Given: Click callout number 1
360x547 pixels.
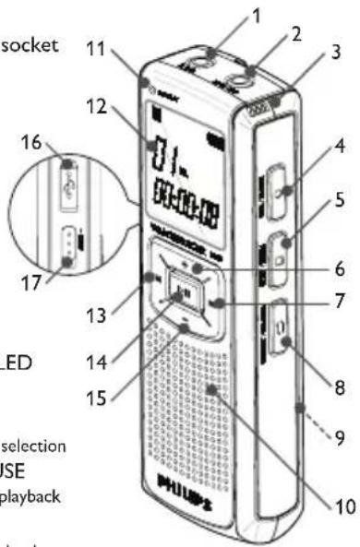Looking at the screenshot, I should (x=258, y=16).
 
